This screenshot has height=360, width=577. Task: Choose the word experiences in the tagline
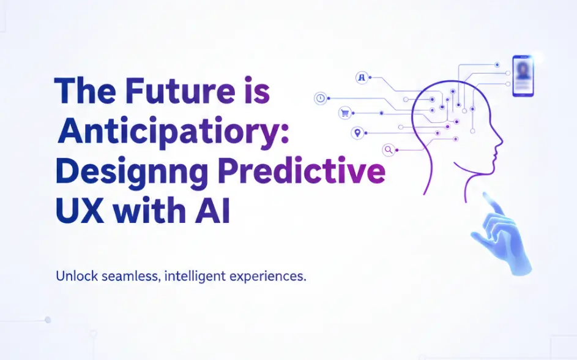pyautogui.click(x=268, y=276)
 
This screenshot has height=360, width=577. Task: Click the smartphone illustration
pyautogui.click(x=523, y=76)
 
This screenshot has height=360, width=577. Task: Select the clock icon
pyautogui.click(x=320, y=98)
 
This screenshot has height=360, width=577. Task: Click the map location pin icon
pyautogui.click(x=357, y=133)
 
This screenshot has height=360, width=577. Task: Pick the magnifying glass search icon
pyautogui.click(x=388, y=149)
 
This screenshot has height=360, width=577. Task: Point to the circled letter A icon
pyautogui.click(x=362, y=78)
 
